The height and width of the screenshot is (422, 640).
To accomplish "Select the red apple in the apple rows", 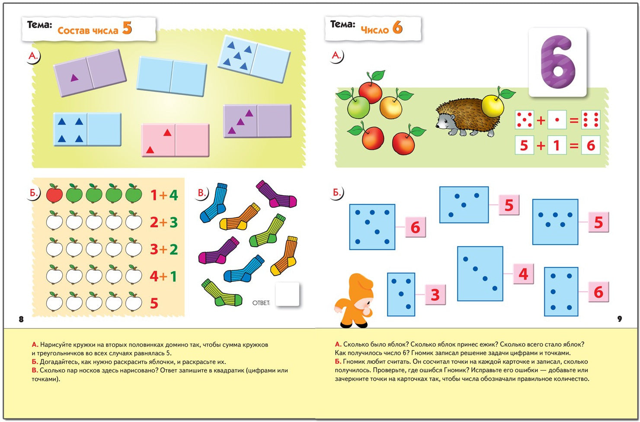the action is tap(54, 193).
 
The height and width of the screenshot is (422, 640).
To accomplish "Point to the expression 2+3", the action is tap(164, 222).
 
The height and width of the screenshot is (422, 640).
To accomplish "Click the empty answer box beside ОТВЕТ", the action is tap(287, 294).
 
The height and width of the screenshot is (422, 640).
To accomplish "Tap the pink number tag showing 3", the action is tap(435, 294).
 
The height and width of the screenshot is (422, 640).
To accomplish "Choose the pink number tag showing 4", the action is tap(523, 274).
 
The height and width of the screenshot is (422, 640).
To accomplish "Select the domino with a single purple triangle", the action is tap(90, 73).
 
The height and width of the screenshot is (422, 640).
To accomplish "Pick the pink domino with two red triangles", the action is tap(175, 140).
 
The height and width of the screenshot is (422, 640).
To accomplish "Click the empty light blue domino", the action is tap(172, 76).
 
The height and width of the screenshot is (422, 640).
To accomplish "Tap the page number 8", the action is tap(21, 319).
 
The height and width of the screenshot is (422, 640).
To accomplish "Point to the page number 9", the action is tap(619, 319).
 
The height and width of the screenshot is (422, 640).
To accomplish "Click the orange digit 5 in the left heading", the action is tap(127, 28).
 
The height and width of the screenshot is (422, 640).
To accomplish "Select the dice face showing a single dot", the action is tap(557, 119).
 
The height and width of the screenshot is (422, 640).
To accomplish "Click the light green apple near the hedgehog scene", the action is tap(358, 107).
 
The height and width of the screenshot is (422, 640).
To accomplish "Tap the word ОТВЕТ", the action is tap(261, 303).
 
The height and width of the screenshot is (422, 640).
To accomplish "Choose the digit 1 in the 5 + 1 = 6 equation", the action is tap(557, 145).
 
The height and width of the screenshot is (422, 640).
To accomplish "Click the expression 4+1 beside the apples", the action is tap(163, 276).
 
